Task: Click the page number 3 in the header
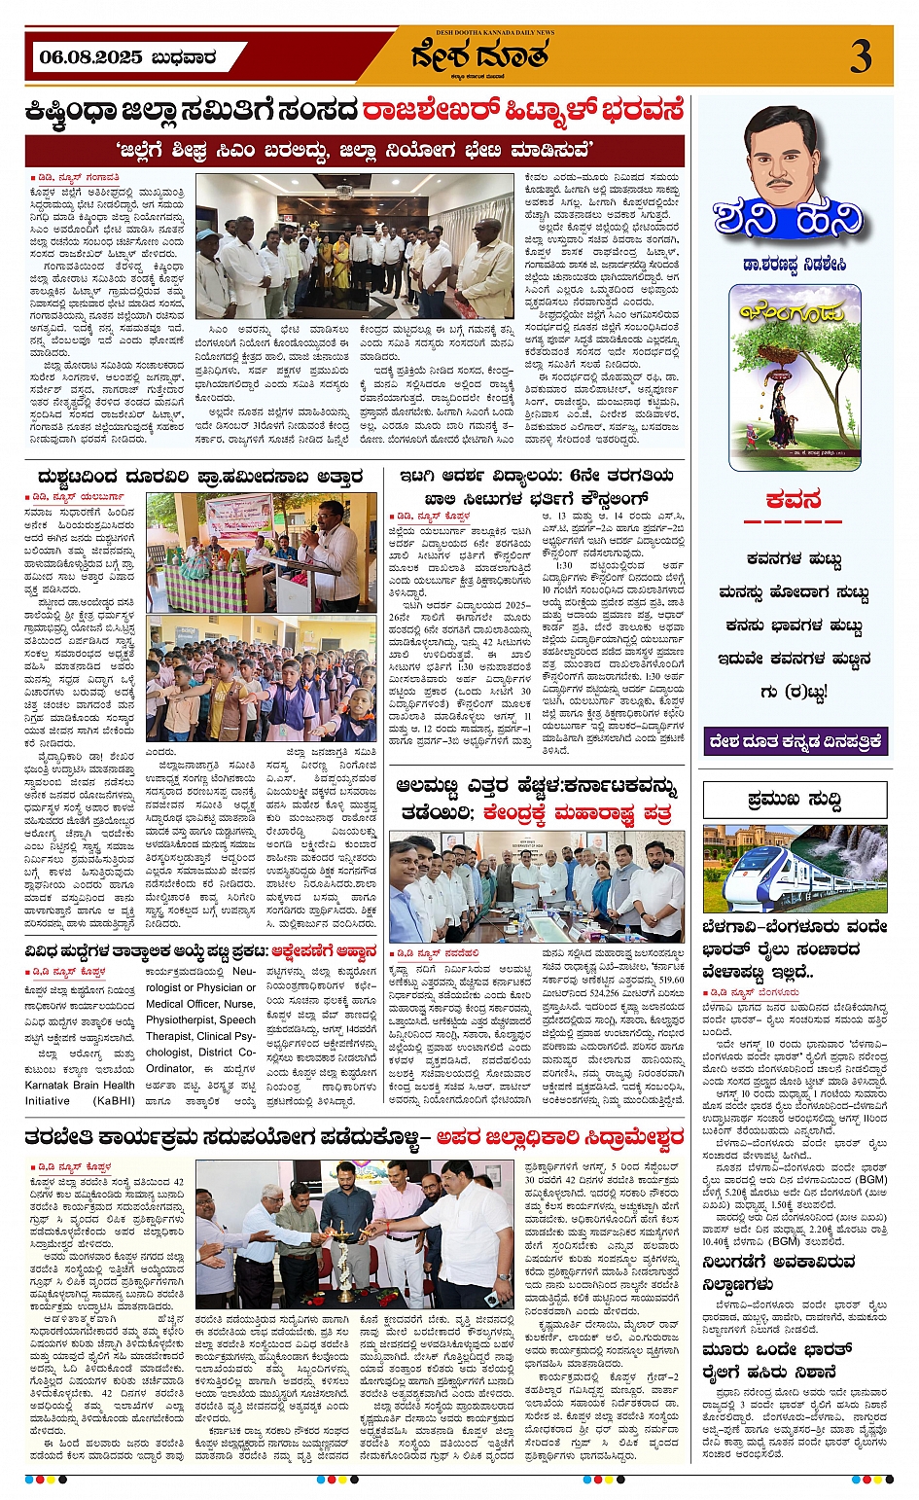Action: point(861,56)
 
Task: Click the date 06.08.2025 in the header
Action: point(91,57)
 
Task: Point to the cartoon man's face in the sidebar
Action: point(785,151)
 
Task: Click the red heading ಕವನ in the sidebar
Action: point(794,501)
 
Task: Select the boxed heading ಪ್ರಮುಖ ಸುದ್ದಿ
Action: point(795,801)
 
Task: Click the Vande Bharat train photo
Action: point(795,869)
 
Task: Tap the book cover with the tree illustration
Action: point(795,376)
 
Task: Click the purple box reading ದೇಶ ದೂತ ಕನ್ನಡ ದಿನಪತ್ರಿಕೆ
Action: point(795,741)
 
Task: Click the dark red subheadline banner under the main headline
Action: point(355,151)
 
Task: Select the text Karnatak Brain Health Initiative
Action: point(80,1092)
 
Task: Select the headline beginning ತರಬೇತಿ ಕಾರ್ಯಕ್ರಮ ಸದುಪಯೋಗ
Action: point(355,1136)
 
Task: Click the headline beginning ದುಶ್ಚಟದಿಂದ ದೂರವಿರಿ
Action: point(199,477)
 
